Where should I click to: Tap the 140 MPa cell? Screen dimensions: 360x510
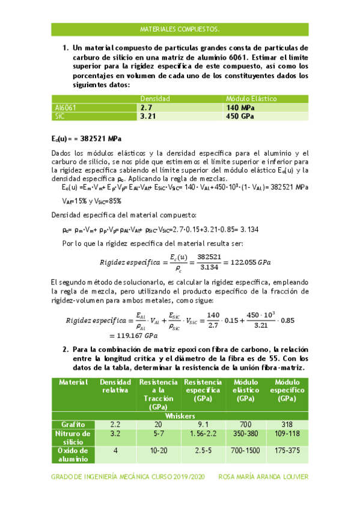pos(240,107)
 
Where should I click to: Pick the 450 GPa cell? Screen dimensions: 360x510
pos(240,116)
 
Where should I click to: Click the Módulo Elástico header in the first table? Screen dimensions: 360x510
pos(251,98)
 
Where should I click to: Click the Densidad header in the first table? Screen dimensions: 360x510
pos(155,98)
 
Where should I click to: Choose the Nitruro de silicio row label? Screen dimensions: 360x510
pos(72,437)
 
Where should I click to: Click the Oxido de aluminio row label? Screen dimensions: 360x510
pos(72,454)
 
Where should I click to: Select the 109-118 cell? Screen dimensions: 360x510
pos(287,432)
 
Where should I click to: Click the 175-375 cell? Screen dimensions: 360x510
pos(287,450)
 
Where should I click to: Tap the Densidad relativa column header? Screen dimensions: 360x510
pos(115,386)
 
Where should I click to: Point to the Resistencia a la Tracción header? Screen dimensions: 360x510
pos(158,394)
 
